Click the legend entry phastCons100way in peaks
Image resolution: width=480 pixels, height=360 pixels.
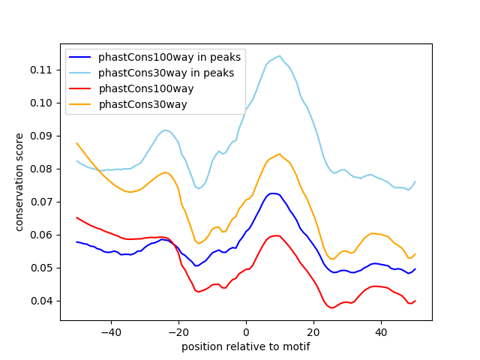[x=166, y=57]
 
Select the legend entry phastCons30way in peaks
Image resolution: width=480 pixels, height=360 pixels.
[x=166, y=73]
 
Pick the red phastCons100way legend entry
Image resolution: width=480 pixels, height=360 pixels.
[x=146, y=88]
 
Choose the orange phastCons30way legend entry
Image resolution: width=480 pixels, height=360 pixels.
[x=142, y=104]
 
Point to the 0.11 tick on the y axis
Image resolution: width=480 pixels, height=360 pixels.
[x=43, y=70]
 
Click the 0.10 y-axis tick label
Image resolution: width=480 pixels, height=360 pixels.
[x=43, y=103]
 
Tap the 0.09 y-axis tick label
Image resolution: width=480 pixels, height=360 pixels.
[x=43, y=136]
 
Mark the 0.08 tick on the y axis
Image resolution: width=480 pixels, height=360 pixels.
[x=43, y=169]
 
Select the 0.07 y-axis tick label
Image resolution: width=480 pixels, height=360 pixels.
[x=43, y=202]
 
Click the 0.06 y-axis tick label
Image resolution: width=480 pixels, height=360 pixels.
[x=43, y=235]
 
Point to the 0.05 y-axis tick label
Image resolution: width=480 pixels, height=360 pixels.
[x=43, y=268]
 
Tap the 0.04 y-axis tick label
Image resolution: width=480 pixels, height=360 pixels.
[x=43, y=301]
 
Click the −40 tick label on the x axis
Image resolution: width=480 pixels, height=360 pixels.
[x=110, y=331]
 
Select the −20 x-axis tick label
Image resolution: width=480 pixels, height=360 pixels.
[x=178, y=331]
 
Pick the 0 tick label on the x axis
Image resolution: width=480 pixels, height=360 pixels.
[x=246, y=331]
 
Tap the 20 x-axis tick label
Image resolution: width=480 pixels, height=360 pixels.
[x=313, y=331]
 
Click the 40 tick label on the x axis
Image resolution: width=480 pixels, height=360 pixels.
[x=381, y=331]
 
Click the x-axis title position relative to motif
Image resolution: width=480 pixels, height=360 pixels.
[x=246, y=346]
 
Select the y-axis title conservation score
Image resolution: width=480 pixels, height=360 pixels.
[x=19, y=182]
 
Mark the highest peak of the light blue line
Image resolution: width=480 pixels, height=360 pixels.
[x=279, y=55]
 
